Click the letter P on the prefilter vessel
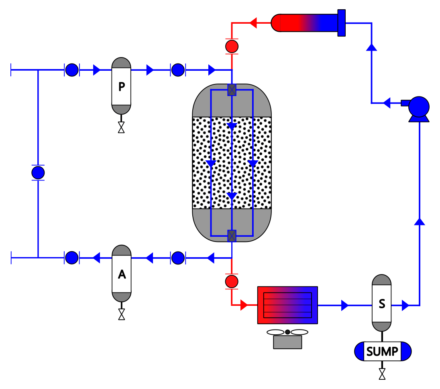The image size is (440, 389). (x=122, y=86)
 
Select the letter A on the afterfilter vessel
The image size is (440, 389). (x=122, y=274)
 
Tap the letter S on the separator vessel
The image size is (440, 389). (x=382, y=304)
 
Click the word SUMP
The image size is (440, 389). (x=382, y=351)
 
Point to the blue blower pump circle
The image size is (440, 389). (x=419, y=107)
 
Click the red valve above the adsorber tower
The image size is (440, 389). (x=232, y=46)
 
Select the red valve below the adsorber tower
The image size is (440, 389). (x=232, y=281)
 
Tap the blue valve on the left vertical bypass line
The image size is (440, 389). (x=38, y=172)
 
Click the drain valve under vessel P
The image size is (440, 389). (x=121, y=127)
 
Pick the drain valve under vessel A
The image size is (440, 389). (x=122, y=314)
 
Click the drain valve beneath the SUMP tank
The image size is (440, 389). (x=382, y=374)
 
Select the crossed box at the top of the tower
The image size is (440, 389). (x=232, y=90)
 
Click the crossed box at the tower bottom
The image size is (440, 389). (x=232, y=236)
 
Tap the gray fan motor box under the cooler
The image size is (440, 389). (x=287, y=342)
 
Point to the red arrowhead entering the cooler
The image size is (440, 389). (x=244, y=305)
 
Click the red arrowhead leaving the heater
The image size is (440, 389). (x=253, y=23)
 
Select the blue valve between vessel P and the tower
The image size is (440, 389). (x=178, y=70)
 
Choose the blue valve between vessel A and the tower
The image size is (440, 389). (x=178, y=258)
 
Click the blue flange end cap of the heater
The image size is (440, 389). (x=342, y=23)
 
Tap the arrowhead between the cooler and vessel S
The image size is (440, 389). (x=345, y=305)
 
